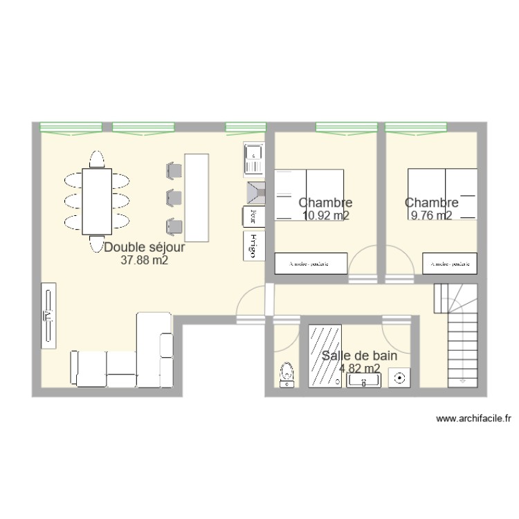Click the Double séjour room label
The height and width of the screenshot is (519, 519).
(145, 247)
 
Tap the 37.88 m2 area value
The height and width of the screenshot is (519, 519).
(145, 261)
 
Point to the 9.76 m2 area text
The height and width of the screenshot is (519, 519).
(431, 216)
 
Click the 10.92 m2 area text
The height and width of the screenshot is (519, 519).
(325, 216)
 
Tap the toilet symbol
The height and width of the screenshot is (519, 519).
(286, 374)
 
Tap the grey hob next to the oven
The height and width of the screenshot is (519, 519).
(253, 190)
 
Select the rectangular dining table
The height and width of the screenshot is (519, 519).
(97, 201)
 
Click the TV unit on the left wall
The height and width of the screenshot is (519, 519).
(48, 316)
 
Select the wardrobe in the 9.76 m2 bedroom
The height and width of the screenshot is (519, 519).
(449, 264)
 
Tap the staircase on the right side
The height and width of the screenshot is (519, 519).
(457, 339)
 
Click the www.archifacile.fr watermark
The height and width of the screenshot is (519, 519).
(475, 418)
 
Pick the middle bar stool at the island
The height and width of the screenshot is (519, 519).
(174, 198)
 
